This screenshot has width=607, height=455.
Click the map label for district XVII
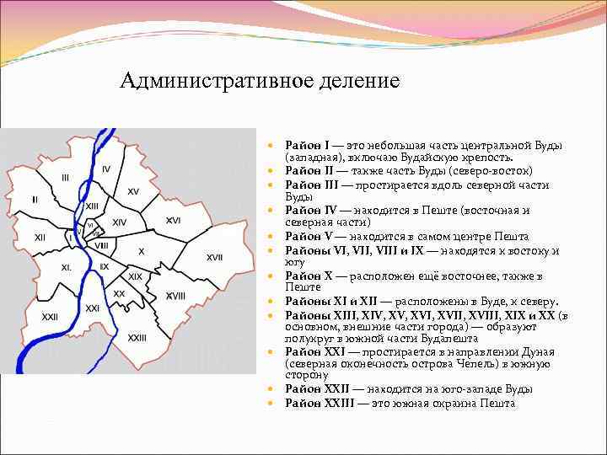pyautogui.click(x=215, y=256)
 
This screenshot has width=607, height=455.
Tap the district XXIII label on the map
pyautogui.click(x=137, y=336)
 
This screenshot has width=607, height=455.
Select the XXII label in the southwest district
pyautogui.click(x=50, y=317)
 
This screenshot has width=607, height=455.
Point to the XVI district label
pyautogui.click(x=173, y=220)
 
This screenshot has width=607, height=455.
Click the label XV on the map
pyautogui.click(x=133, y=191)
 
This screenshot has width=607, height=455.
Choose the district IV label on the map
pyautogui.click(x=105, y=169)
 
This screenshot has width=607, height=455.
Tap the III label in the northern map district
pyautogui.click(x=65, y=177)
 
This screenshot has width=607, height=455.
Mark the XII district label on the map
pyautogui.click(x=40, y=238)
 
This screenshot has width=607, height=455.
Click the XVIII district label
pyautogui.click(x=175, y=296)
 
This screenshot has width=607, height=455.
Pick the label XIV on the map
pyautogui.click(x=120, y=222)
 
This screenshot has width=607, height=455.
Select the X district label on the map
pyautogui.click(x=141, y=251)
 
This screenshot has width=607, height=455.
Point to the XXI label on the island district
pyautogui.click(x=93, y=308)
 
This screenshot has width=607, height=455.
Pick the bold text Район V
pyautogui.click(x=308, y=236)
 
